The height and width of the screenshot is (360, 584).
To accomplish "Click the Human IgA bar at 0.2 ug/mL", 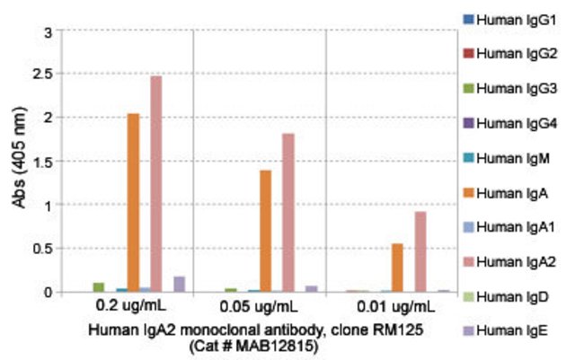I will click(133, 202).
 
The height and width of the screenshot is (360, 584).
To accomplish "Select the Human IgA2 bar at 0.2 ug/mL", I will click(156, 183).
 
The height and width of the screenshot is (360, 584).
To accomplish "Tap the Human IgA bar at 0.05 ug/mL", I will click(265, 231).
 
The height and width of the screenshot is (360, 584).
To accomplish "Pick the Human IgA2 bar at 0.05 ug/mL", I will click(288, 213).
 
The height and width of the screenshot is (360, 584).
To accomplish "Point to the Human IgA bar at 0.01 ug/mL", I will click(397, 268).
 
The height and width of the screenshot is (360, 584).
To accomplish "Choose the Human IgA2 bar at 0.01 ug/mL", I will click(420, 251).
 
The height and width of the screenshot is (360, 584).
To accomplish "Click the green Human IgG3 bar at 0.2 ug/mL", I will click(99, 287).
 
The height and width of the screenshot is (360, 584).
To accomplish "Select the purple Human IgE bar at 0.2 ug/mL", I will click(179, 284).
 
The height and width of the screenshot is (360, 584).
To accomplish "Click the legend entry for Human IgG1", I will click(509, 19).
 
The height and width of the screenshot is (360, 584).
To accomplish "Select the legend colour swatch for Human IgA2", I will click(466, 260).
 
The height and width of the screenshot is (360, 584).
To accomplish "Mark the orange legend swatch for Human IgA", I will click(466, 192).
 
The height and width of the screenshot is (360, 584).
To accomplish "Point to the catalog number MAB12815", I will click(270, 345).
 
